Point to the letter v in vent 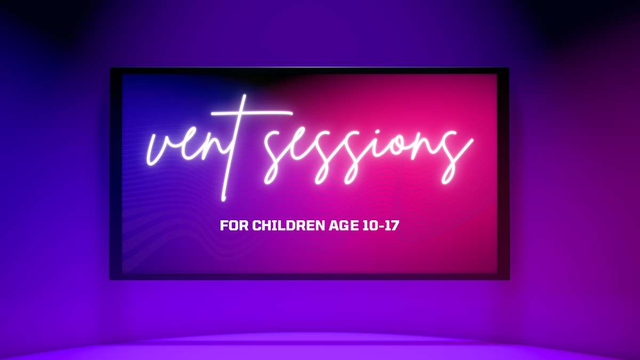coord(160,149)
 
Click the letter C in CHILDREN coord(257,226)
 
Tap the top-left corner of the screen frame coord(111,69)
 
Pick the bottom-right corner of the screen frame coord(508,278)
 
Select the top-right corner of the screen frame coord(508,69)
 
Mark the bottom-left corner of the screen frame coord(111,278)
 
